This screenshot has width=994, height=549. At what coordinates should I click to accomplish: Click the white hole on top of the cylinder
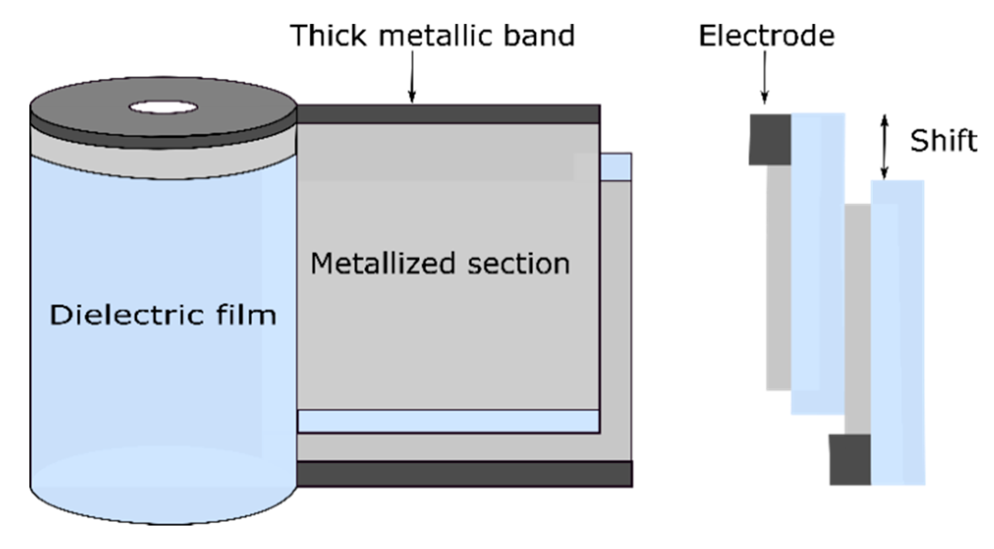tap(163, 108)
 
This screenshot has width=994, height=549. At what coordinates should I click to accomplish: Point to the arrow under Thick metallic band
tap(412, 77)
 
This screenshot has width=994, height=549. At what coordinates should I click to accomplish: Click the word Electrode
tap(766, 36)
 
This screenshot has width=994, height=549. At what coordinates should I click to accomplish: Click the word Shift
tap(943, 141)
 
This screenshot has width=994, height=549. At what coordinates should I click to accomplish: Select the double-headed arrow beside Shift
tap(884, 147)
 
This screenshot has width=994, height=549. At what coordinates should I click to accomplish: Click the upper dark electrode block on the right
tap(770, 140)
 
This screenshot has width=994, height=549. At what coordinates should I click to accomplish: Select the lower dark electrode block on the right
tap(850, 459)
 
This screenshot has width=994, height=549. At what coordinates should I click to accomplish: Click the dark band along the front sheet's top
tap(448, 114)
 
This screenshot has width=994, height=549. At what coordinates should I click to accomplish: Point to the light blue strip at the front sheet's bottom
tap(448, 422)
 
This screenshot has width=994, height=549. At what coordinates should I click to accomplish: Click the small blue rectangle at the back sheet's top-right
tap(616, 167)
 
